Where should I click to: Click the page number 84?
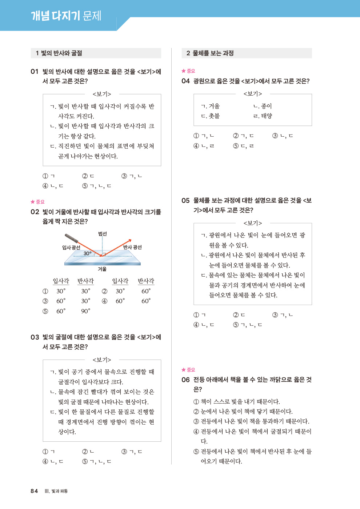click(x=34, y=491)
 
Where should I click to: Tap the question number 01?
click(x=35, y=72)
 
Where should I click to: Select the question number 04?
click(x=185, y=81)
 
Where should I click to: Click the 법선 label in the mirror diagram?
click(x=103, y=234)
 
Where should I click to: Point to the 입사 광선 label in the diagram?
click(x=71, y=248)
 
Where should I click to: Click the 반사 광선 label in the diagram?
click(x=132, y=247)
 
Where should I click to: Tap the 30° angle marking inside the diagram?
click(x=88, y=253)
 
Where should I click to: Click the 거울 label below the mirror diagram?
click(x=102, y=269)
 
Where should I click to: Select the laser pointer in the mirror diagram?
click(x=72, y=239)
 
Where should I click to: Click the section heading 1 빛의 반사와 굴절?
click(x=59, y=53)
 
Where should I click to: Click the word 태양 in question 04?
click(x=267, y=116)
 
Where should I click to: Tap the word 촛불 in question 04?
click(x=214, y=116)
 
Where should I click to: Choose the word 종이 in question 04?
click(x=267, y=106)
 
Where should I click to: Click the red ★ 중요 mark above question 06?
click(x=188, y=370)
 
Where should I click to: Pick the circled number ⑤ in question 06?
click(x=196, y=452)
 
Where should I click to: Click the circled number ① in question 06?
click(x=196, y=402)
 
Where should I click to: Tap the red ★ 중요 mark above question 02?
click(x=37, y=202)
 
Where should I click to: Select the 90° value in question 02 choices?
click(x=85, y=311)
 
